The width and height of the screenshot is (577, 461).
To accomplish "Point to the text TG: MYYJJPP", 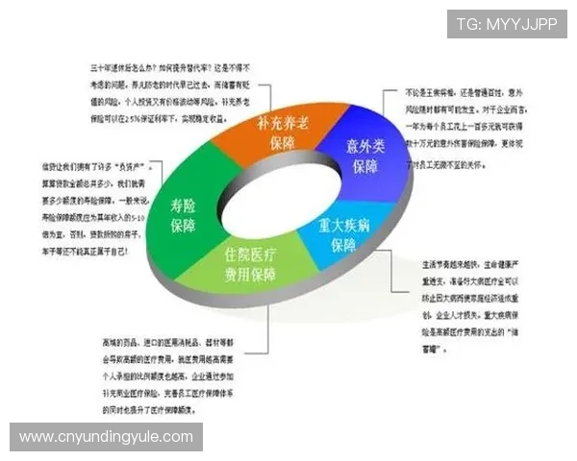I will click(x=506, y=23).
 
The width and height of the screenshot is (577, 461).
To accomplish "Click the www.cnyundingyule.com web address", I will click(x=107, y=437).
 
